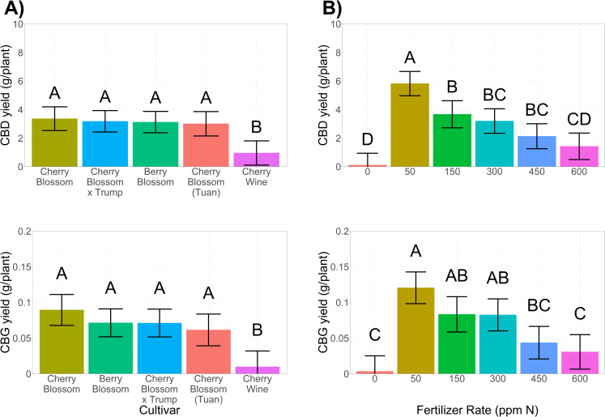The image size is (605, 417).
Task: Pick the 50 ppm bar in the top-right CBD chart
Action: [411, 126]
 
